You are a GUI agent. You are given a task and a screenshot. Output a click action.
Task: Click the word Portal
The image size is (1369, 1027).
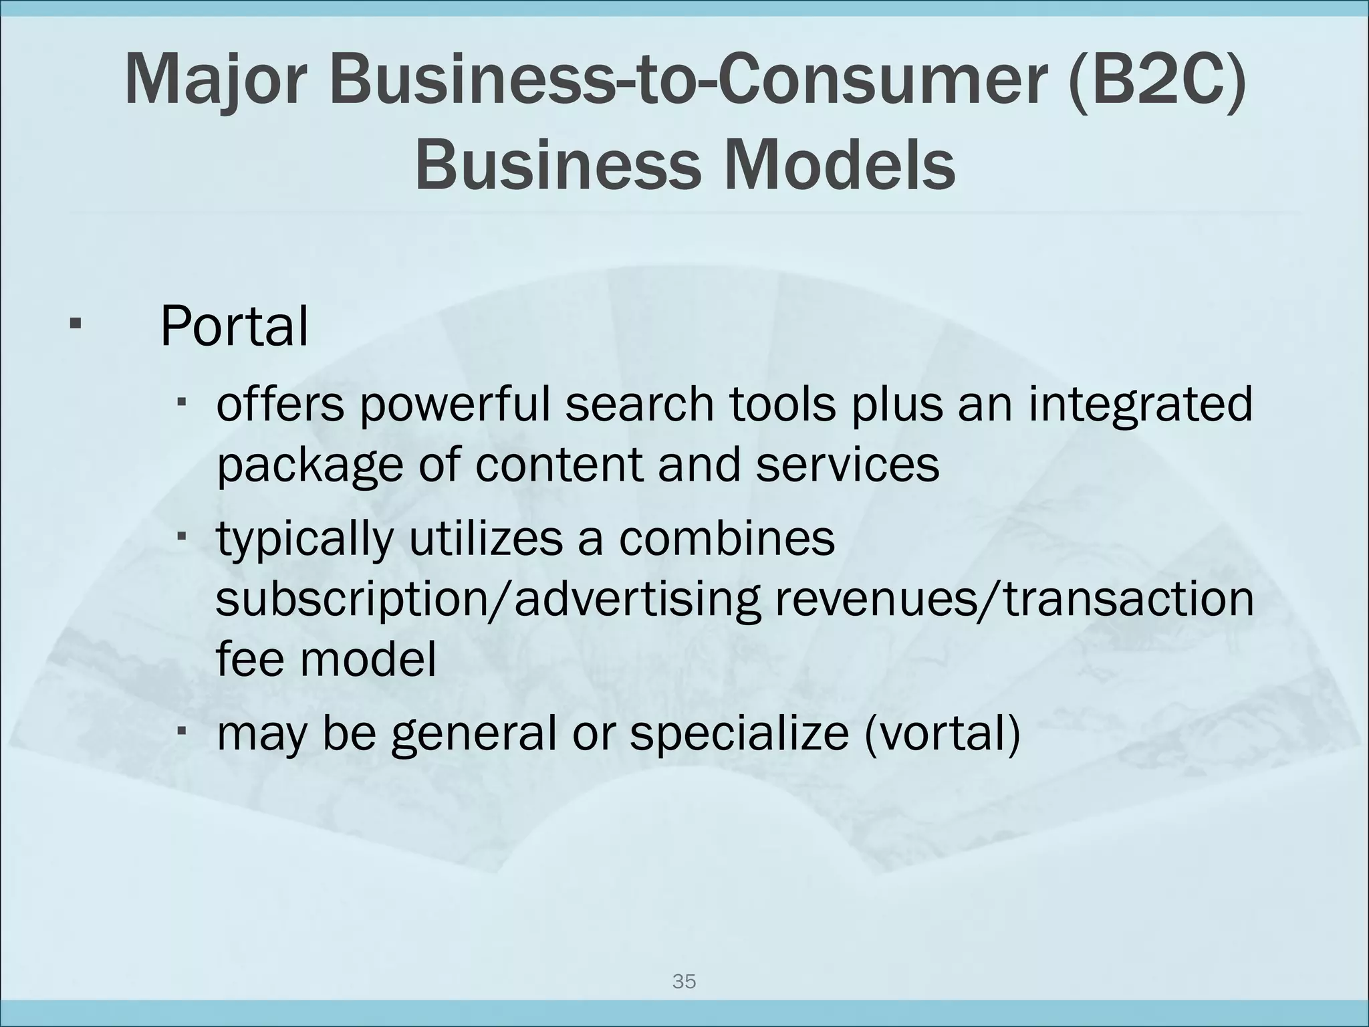[235, 326]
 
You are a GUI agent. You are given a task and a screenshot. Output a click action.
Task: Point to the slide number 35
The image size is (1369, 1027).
[684, 982]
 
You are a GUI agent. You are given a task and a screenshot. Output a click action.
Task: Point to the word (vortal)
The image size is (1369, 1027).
[942, 733]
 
